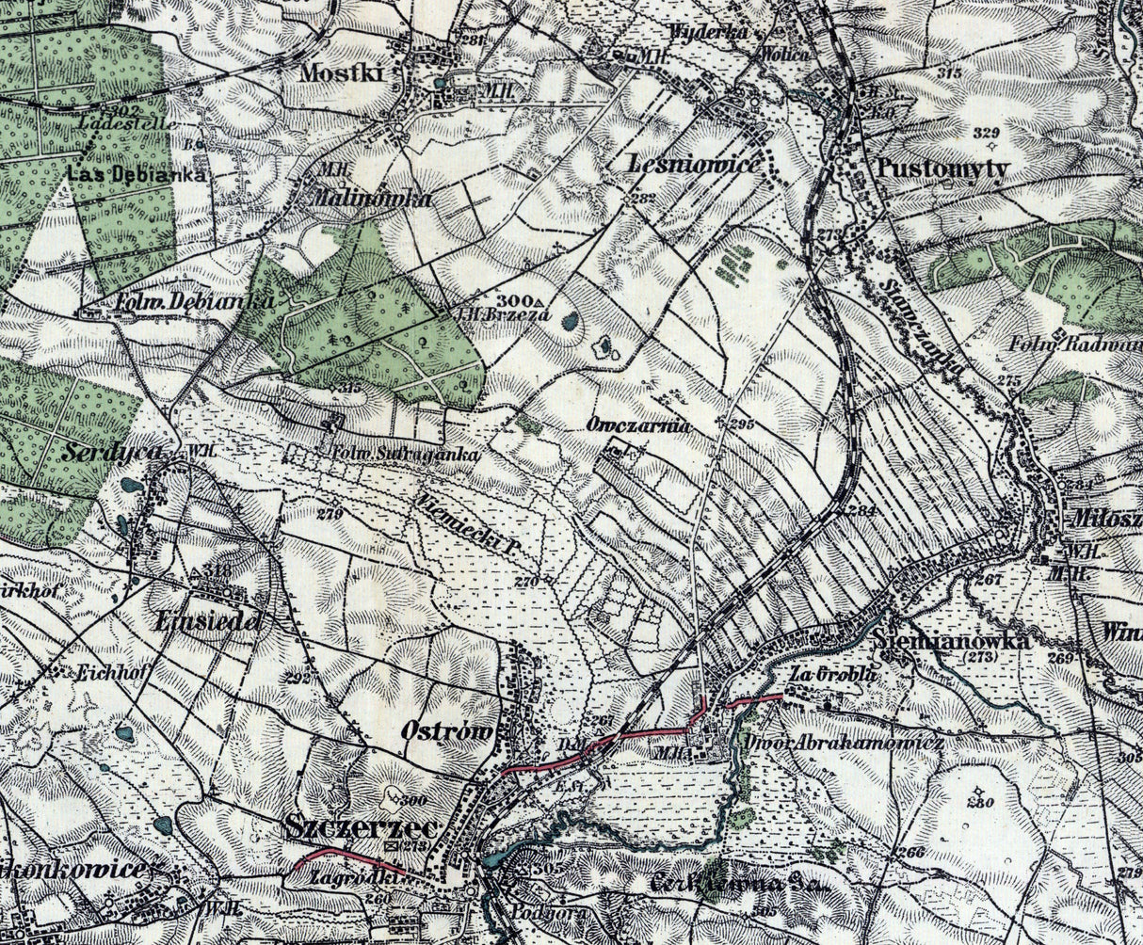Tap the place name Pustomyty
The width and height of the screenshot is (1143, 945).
tap(942, 169)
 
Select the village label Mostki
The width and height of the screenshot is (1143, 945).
tap(344, 73)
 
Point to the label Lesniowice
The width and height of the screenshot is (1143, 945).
tap(694, 165)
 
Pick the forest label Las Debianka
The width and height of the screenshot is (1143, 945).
tap(136, 174)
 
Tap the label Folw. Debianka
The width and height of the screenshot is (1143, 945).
tap(193, 303)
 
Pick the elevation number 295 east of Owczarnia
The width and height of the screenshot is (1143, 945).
tap(742, 424)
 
